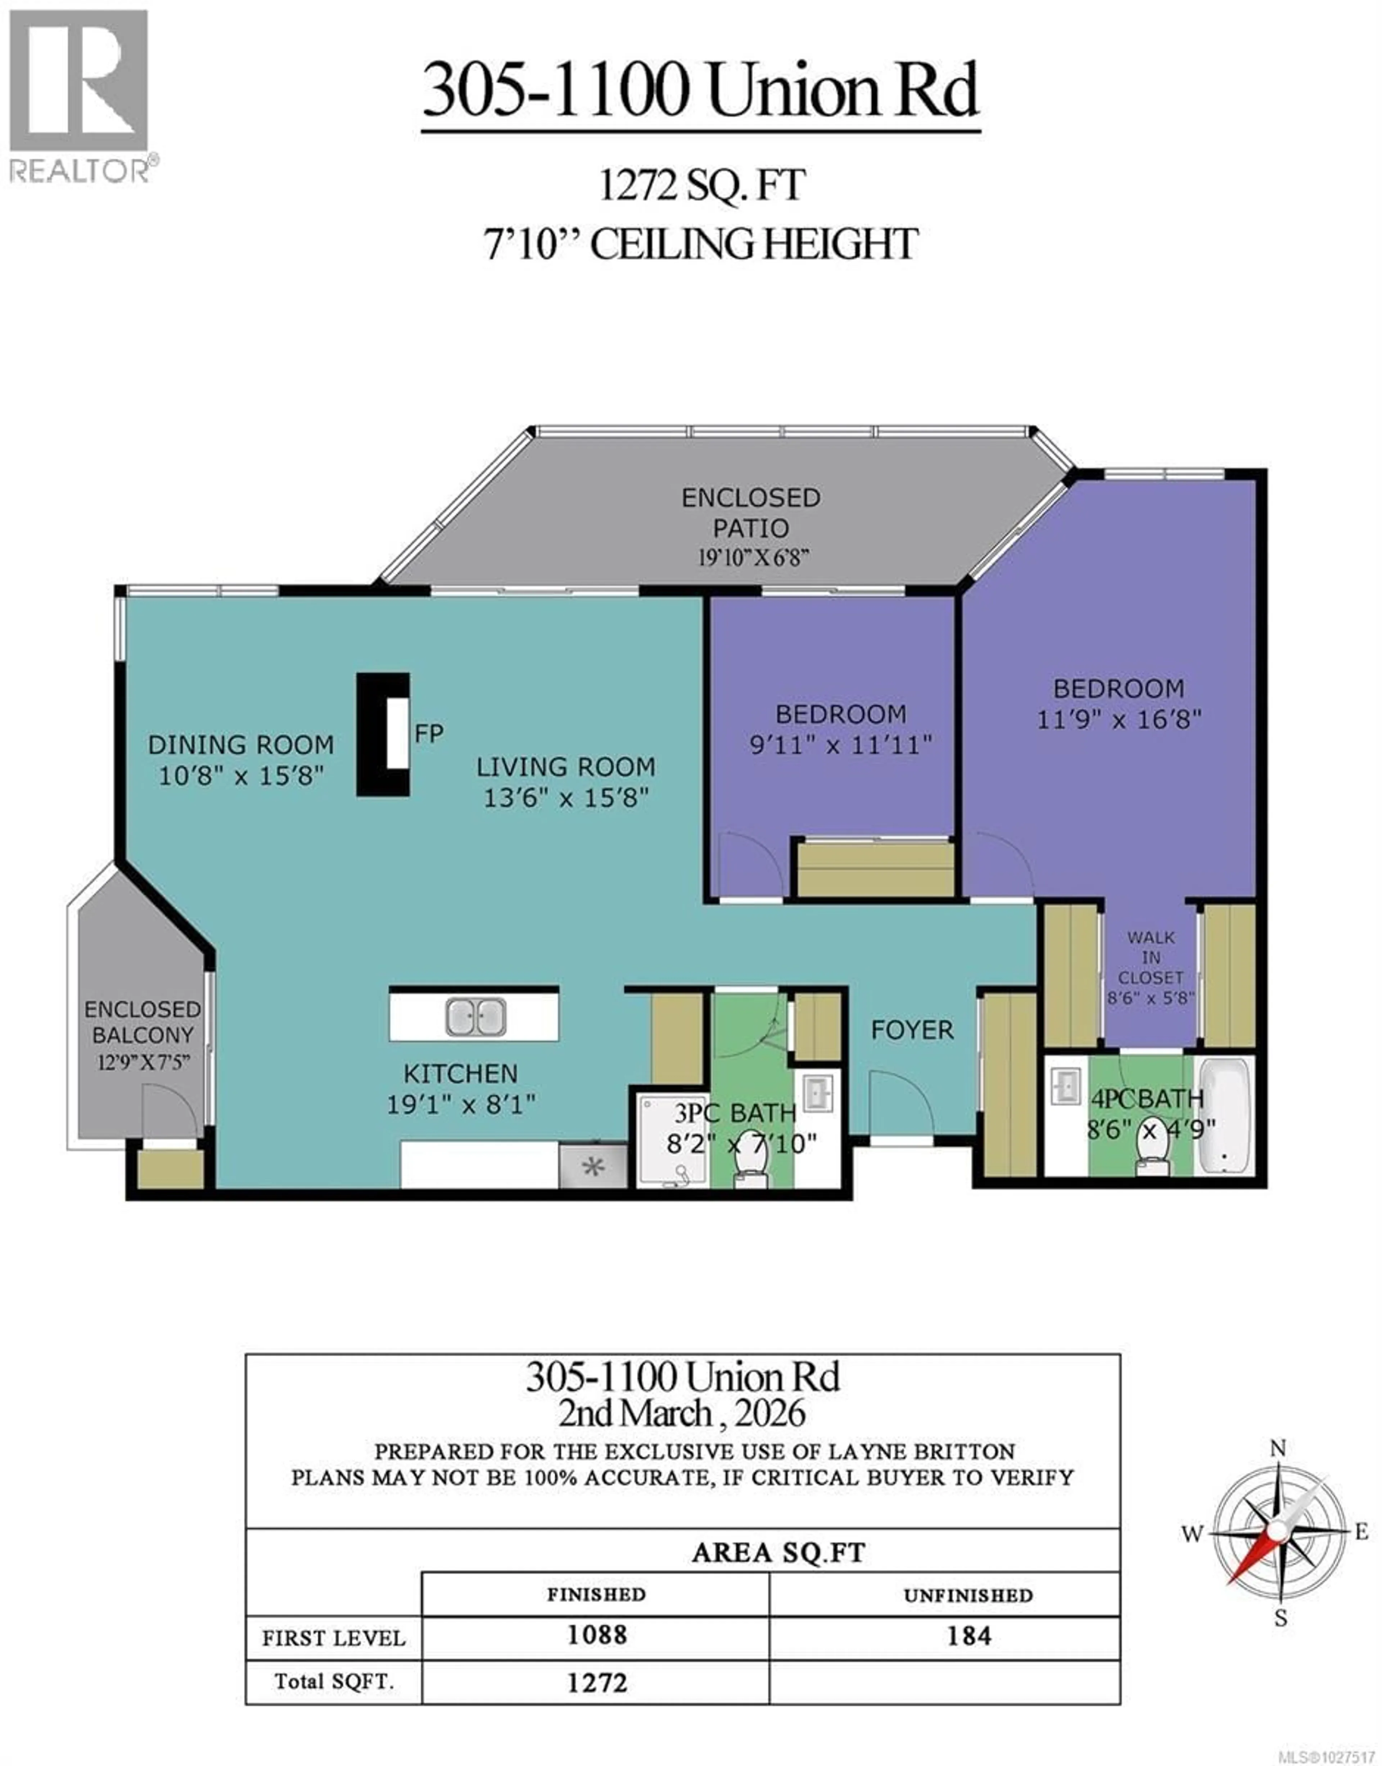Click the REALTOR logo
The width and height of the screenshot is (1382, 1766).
coord(79,95)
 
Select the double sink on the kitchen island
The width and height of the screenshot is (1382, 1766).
coord(475,1017)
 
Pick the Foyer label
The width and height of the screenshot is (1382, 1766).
coord(912,1030)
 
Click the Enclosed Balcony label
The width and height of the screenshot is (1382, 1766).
coord(143,1022)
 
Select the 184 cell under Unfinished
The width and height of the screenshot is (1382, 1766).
coord(968,1636)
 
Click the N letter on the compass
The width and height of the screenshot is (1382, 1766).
coord(1278,1447)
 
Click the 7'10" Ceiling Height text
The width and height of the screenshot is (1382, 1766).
coord(701,244)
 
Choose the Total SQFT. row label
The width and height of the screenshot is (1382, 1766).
coord(334,1682)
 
